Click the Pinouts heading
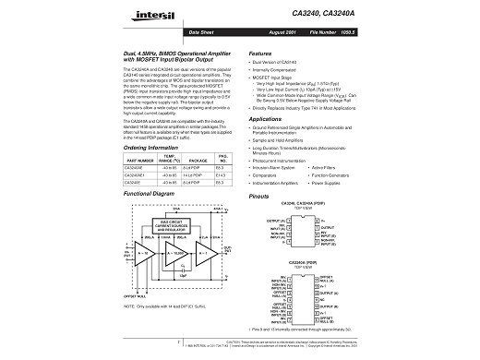click(259, 197)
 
